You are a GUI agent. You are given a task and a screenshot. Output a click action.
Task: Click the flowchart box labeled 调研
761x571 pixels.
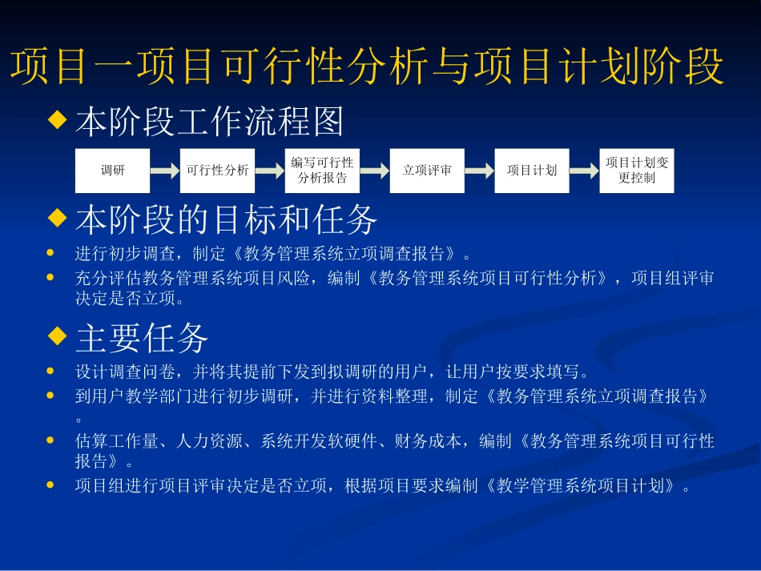click(x=112, y=171)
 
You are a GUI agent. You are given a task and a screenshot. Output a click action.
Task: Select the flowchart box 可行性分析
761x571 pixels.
click(x=217, y=171)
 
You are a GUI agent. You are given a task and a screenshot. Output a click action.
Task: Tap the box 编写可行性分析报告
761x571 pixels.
click(x=322, y=171)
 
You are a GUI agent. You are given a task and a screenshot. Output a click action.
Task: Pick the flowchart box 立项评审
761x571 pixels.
click(x=427, y=171)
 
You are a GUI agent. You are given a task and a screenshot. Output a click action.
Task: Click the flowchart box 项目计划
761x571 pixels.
click(x=532, y=171)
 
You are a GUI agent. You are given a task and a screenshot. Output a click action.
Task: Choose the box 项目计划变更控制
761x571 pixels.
click(x=637, y=171)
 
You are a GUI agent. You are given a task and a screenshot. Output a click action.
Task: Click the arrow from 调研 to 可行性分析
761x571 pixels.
click(x=165, y=171)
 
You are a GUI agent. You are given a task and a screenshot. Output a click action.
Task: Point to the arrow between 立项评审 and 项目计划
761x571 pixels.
click(x=480, y=171)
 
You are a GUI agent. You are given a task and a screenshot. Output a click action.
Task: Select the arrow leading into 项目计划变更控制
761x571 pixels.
click(x=585, y=171)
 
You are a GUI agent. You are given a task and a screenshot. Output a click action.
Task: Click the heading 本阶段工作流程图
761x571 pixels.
click(x=210, y=122)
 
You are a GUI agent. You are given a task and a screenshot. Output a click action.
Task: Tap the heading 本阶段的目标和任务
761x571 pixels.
click(x=227, y=218)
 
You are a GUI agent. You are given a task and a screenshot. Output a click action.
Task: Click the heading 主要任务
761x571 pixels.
click(x=143, y=338)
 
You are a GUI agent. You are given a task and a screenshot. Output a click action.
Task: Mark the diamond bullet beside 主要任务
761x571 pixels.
click(x=56, y=337)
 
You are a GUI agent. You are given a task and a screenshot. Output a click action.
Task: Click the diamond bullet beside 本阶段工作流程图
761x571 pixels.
click(x=56, y=121)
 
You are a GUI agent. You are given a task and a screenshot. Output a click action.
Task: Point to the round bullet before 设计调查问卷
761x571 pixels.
click(x=51, y=372)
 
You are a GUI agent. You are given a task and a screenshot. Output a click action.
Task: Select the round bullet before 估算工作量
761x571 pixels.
click(x=51, y=440)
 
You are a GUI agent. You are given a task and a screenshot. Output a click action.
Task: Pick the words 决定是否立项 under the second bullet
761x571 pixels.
click(x=130, y=300)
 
